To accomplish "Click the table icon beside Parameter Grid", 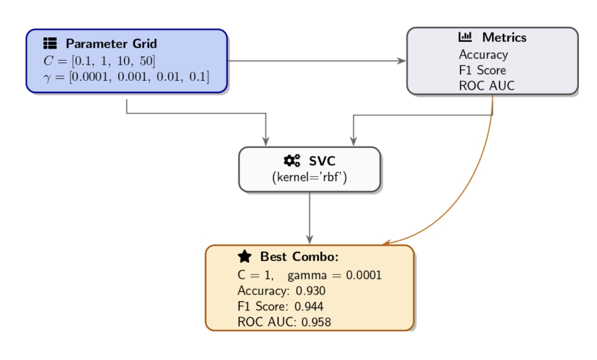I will [x=50, y=44].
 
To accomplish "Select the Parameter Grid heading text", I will [x=111, y=44].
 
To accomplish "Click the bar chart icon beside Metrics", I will [x=465, y=37].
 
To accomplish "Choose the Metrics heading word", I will [x=504, y=37].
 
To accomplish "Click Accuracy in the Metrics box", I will [x=483, y=54].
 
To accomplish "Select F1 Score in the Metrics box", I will [x=482, y=70].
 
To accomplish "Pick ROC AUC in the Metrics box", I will [x=487, y=86].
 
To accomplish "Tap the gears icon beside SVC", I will [x=292, y=161].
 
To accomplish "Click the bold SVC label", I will [x=322, y=161].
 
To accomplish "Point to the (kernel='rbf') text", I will [x=309, y=178].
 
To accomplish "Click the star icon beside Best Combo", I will [x=245, y=257].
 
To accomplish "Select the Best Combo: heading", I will [x=299, y=257].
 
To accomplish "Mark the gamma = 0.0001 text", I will [x=334, y=275].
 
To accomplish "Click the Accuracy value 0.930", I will [x=311, y=291].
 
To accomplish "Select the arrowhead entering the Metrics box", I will [x=402, y=61].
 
